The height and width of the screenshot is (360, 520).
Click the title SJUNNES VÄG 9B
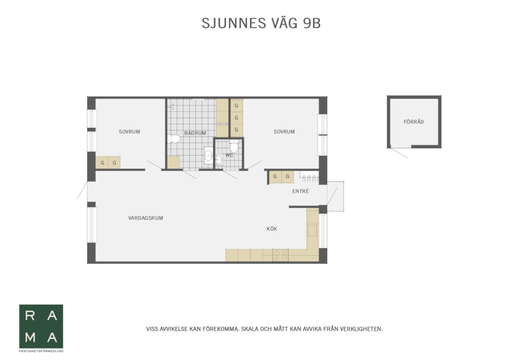[261, 23]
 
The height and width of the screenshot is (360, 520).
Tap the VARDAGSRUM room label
[146, 218]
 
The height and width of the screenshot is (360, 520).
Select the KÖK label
[272, 229]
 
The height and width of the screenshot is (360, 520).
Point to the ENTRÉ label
[301, 191]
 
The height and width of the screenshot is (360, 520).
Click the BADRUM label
[195, 133]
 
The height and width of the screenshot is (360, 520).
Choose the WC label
[229, 155]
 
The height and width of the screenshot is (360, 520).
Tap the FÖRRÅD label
[414, 122]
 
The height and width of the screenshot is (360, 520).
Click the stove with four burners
[280, 255]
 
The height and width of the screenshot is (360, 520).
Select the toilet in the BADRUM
[174, 139]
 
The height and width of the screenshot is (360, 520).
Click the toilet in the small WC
[234, 146]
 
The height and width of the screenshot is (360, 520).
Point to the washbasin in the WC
[219, 159]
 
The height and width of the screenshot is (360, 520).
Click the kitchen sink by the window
[312, 230]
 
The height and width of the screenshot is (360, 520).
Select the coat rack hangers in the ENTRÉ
[309, 178]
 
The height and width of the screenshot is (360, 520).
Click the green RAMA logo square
[41, 326]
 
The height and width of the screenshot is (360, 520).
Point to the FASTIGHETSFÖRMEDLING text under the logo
[41, 351]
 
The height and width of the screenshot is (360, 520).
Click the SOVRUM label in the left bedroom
[129, 132]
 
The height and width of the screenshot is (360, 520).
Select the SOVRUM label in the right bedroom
[284, 132]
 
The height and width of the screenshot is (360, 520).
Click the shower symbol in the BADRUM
[172, 107]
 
